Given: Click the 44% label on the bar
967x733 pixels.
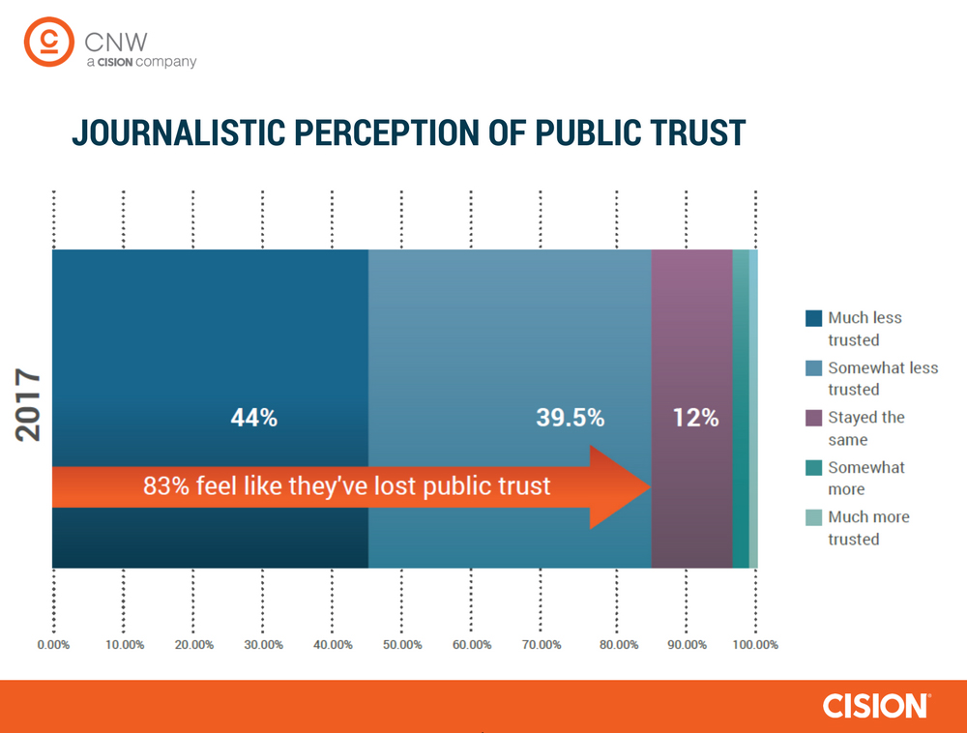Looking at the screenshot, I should [x=253, y=419].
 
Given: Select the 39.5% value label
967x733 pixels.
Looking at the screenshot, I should [x=570, y=419].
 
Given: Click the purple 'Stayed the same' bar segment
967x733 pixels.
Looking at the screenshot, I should [x=691, y=319].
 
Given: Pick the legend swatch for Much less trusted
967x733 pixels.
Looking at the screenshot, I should [x=813, y=318].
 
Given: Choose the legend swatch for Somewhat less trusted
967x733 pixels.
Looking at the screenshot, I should [x=813, y=368].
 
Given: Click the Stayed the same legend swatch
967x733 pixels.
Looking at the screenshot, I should [x=813, y=419].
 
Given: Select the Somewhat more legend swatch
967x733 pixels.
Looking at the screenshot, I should [x=813, y=468].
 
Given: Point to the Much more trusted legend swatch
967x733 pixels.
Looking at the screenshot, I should [x=813, y=517].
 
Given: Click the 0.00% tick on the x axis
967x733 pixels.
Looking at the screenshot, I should [x=53, y=645].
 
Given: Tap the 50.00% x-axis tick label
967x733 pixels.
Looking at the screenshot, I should [x=403, y=645].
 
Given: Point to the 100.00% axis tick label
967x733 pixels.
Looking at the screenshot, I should [x=755, y=645].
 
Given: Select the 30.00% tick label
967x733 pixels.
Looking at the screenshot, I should [x=263, y=645].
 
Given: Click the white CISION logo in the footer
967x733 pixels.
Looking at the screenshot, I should [x=876, y=706].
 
